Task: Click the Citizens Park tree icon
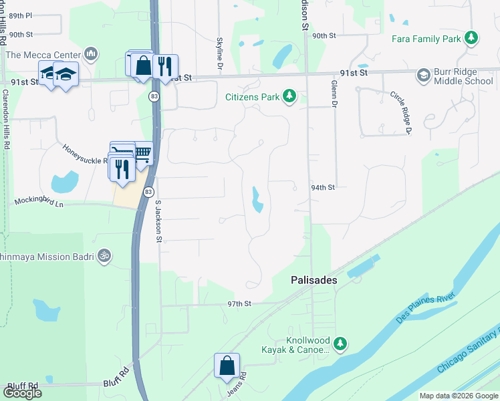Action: pos(289,98)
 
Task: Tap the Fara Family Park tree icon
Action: pos(472,39)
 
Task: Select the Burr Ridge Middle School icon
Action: pos(423,76)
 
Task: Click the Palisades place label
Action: pos(314,281)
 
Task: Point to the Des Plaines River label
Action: pos(425,307)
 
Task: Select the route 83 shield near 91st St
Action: pos(154,97)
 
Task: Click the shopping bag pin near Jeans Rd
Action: pos(227,366)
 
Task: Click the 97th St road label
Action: pos(239,303)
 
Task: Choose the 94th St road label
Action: pos(322,188)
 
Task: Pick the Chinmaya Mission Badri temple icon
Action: pos(103,255)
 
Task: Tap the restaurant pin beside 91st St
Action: pos(164,66)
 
